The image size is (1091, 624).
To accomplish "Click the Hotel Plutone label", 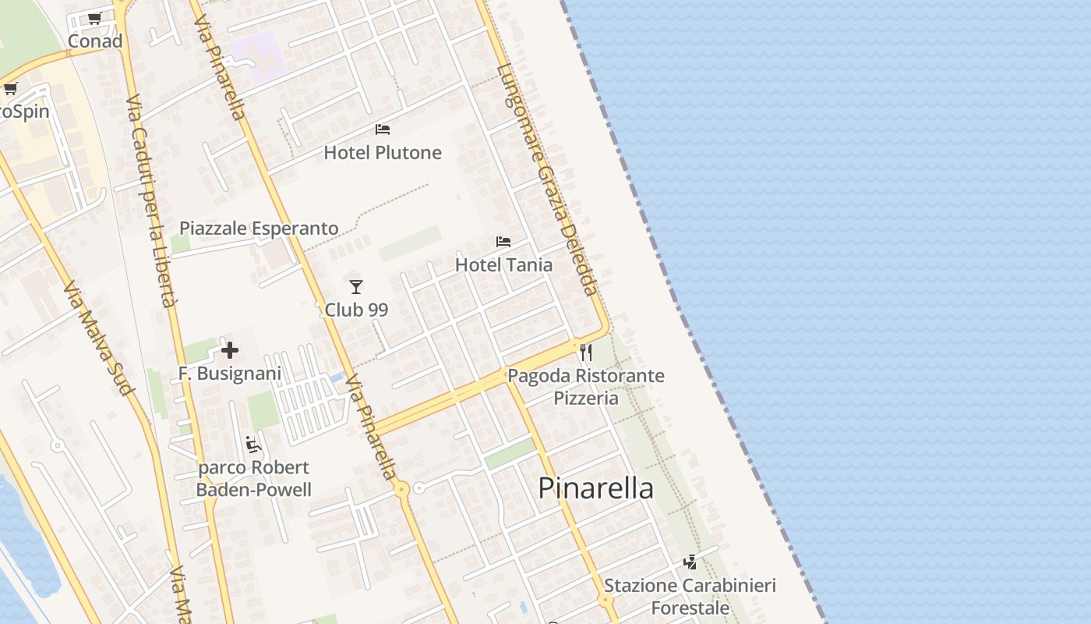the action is click(383, 153).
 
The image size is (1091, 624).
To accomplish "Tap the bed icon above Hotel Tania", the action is click(503, 242).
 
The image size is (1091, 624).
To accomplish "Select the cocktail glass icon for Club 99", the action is click(356, 287).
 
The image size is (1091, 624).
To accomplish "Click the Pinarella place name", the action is click(596, 488).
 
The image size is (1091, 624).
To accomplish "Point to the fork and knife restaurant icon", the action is click(586, 353).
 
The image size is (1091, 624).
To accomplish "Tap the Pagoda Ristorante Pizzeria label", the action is click(586, 387).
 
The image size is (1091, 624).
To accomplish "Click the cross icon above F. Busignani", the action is click(230, 350).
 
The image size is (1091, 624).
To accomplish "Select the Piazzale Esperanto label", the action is click(259, 229).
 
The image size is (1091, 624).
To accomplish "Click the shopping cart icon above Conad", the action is click(95, 18).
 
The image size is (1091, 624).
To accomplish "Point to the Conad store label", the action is click(95, 41).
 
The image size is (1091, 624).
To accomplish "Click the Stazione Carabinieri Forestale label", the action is click(690, 597).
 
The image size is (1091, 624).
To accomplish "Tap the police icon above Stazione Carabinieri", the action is click(690, 562).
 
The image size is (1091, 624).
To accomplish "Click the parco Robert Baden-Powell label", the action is click(253, 479).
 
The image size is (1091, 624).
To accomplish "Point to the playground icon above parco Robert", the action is click(252, 445).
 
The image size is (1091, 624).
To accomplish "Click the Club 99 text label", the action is click(356, 310).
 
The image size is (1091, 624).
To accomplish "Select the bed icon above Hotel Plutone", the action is click(383, 129).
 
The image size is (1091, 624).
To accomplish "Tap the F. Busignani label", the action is click(230, 374).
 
